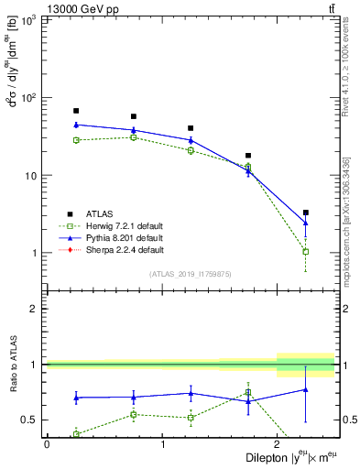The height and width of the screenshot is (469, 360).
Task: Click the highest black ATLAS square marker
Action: tap(76, 111)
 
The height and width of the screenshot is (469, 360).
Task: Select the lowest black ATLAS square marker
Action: tap(306, 213)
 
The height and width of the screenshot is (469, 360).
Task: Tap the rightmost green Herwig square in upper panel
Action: tap(306, 251)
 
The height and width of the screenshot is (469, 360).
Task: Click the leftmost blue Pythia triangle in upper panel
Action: tap(76, 125)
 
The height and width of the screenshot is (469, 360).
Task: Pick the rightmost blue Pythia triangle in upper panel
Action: tap(306, 223)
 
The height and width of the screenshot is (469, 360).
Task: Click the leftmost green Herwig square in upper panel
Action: tap(76, 140)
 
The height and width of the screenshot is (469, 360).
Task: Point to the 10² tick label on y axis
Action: tap(28, 98)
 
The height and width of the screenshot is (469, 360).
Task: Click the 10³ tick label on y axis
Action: tap(28, 20)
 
